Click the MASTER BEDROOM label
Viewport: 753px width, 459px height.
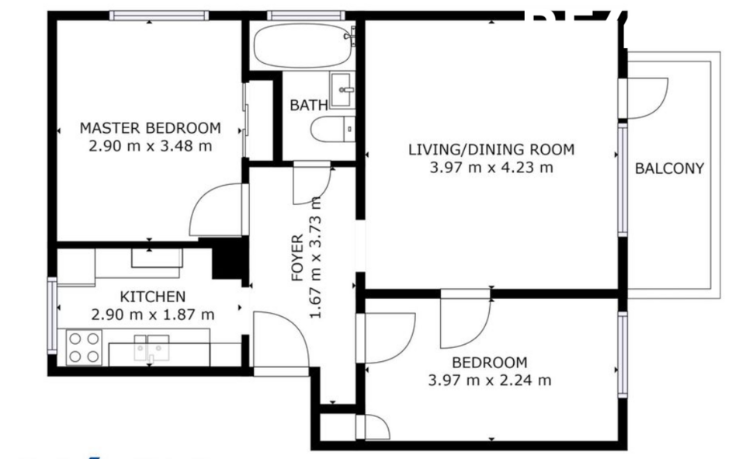point(151,128)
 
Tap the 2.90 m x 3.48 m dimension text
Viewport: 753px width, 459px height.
point(151,145)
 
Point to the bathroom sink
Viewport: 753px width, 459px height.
point(342,89)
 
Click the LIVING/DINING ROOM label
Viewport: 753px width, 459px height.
point(491,150)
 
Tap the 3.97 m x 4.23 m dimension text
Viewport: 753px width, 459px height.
point(491,167)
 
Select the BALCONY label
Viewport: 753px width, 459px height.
point(669,169)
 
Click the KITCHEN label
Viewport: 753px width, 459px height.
point(152,297)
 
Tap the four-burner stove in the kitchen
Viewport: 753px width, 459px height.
point(83,347)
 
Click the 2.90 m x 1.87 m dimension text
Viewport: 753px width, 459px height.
point(152,315)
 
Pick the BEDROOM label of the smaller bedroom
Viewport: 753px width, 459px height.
point(490,363)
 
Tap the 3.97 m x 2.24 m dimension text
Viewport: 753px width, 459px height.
point(490,381)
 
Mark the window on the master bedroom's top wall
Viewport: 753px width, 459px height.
point(158,16)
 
